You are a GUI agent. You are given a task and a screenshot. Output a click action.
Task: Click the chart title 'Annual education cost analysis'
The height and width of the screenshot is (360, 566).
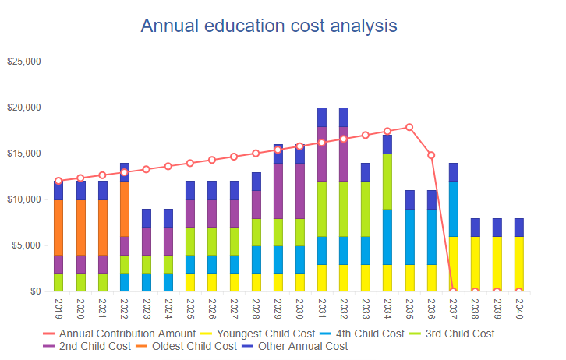pyautogui.click(x=269, y=26)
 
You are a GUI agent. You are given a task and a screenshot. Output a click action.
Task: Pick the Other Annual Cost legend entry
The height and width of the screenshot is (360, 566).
pyautogui.click(x=298, y=346)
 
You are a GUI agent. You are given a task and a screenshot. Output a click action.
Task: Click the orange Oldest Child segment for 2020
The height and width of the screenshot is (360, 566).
pyautogui.click(x=80, y=228)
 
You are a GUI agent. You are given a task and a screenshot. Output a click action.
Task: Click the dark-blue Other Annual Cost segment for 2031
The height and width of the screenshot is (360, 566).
pyautogui.click(x=321, y=117)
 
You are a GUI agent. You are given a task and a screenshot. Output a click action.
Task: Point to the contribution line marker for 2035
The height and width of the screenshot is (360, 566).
pyautogui.click(x=409, y=127)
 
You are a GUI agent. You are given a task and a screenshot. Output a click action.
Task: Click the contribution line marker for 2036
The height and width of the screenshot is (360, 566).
pyautogui.click(x=431, y=155)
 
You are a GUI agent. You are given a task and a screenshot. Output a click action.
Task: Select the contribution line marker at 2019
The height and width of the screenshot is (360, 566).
pyautogui.click(x=58, y=181)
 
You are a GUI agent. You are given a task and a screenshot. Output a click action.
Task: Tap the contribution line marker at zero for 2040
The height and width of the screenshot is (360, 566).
pyautogui.click(x=519, y=291)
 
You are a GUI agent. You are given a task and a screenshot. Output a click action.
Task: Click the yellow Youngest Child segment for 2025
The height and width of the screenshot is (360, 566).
pyautogui.click(x=190, y=282)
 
